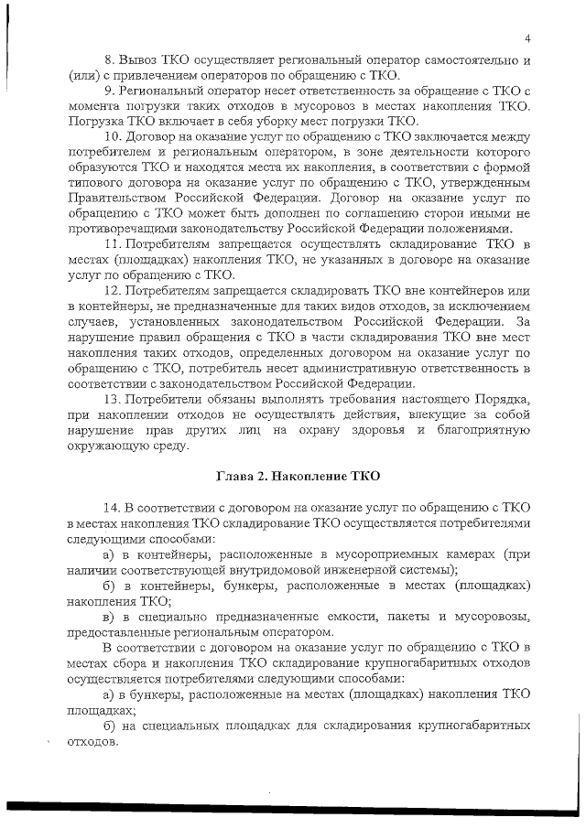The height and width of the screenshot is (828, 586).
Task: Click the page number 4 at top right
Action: coord(529,38)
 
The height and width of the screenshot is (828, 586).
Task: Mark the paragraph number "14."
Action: coord(116,508)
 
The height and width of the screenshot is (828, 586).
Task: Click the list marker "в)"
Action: coord(113,617)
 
